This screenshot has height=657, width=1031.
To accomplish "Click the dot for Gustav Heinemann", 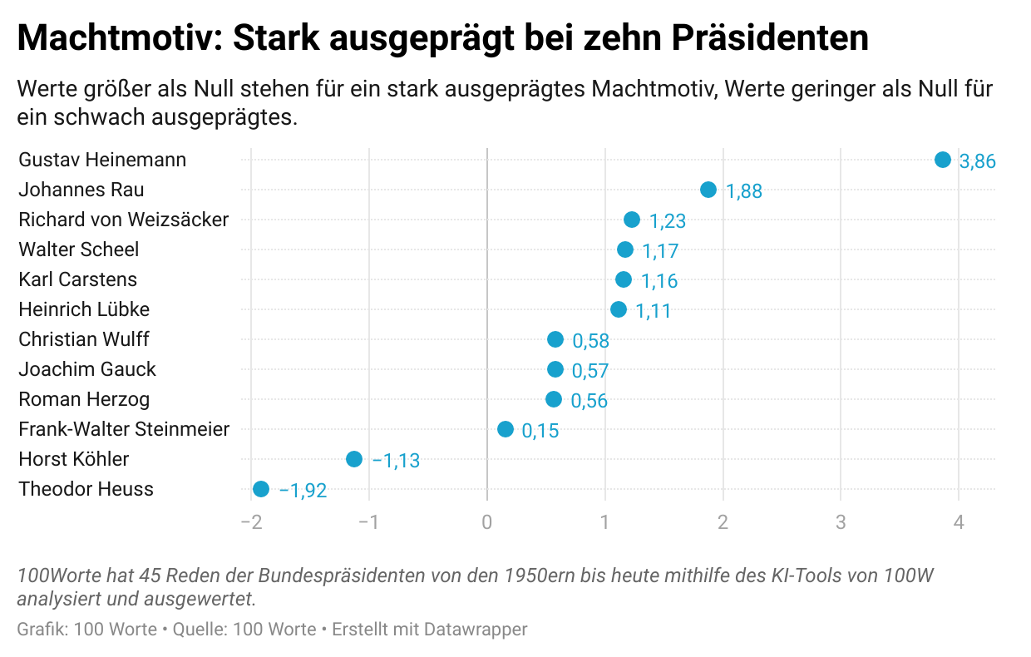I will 942,160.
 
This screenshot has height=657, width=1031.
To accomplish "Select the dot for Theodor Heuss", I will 260,489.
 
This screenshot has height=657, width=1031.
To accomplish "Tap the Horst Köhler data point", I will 353,459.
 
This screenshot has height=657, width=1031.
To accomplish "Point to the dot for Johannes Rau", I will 708,190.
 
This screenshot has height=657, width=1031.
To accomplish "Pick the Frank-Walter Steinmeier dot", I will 505,429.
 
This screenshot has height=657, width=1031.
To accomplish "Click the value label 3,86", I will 977,161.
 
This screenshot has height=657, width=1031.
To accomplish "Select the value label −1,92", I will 303,491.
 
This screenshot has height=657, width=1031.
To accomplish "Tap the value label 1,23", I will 667,221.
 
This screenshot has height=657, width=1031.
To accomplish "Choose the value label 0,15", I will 540,431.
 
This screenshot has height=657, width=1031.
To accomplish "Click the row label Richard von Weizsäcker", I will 123,220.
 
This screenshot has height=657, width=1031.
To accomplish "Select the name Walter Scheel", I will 79,249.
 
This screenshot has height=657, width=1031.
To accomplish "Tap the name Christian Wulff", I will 84,339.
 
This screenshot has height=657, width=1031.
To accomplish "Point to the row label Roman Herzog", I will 84,399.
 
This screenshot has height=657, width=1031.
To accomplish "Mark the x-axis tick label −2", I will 250,522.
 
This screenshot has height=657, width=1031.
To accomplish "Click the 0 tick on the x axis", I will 486,522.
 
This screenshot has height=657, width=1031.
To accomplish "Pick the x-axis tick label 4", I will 959,522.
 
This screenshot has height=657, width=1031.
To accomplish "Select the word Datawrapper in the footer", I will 476,630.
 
